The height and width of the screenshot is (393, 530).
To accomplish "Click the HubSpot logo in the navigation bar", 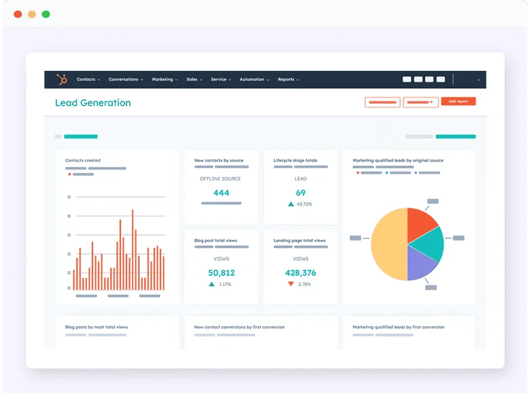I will [x=62, y=80].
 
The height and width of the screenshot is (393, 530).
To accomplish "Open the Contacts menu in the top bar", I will [x=88, y=80].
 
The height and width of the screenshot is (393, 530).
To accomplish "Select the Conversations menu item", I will [x=125, y=80].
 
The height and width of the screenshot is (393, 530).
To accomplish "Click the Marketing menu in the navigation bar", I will [x=164, y=80].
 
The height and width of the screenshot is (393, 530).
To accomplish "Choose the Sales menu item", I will [x=194, y=80].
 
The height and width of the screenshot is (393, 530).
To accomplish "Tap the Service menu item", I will [x=220, y=80].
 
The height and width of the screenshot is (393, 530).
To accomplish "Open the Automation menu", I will [x=254, y=80].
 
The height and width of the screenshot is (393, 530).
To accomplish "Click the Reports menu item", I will [x=288, y=80].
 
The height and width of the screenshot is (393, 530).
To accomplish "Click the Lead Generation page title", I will [x=93, y=103].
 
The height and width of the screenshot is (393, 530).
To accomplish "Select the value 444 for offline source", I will [x=221, y=193].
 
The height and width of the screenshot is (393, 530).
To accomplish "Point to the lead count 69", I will [x=300, y=193].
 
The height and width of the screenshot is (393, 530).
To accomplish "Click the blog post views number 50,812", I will [x=221, y=273].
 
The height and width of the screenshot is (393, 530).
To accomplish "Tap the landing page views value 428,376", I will [x=300, y=273].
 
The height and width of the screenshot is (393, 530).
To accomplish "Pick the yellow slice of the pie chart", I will [x=388, y=244].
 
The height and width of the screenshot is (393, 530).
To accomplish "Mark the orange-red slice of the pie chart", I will [x=420, y=223].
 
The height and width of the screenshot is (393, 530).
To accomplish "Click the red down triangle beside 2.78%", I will [x=291, y=284].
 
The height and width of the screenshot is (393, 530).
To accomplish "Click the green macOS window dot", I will [x=46, y=14].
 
